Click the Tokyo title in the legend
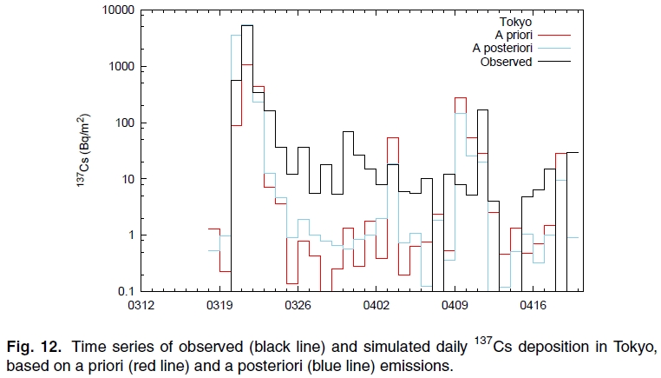514,20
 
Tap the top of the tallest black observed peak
247,26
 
